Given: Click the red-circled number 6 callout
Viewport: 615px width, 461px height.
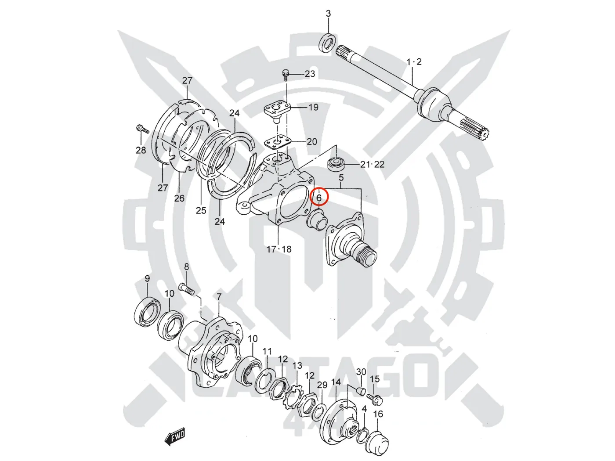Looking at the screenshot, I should (319, 198).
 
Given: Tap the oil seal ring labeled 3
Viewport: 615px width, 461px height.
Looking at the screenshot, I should (328, 42).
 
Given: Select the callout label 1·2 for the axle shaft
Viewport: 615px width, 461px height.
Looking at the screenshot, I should (414, 62).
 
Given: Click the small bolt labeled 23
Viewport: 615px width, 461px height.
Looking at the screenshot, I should (286, 75).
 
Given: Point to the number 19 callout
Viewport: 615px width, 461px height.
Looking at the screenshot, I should (313, 107).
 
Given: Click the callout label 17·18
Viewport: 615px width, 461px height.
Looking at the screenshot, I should (279, 249).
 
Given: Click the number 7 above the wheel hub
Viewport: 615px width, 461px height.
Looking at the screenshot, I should (219, 298).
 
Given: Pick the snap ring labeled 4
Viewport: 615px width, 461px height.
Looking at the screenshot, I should (362, 434).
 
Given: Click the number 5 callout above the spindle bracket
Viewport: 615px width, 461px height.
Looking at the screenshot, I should (341, 178).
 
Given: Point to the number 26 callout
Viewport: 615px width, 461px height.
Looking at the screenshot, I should (179, 198).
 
